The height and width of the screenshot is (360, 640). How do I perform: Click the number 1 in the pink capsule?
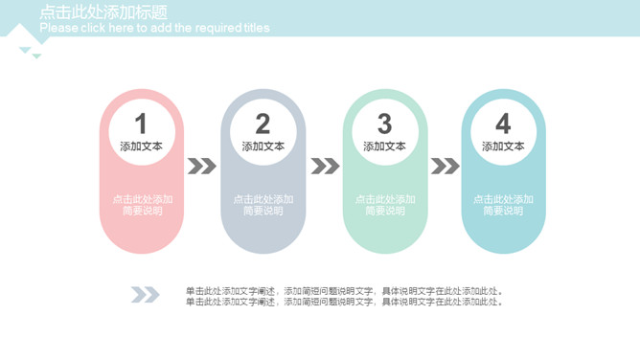[141, 124]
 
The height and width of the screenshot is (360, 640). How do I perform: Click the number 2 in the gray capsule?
[263, 124]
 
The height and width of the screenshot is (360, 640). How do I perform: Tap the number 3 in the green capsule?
[384, 124]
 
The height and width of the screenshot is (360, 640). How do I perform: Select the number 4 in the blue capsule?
[503, 124]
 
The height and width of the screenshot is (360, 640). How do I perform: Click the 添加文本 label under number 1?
[141, 146]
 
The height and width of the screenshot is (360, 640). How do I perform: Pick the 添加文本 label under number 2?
[263, 146]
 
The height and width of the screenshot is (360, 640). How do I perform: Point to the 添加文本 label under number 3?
[384, 146]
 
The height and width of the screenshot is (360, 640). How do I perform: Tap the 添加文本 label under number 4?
[503, 146]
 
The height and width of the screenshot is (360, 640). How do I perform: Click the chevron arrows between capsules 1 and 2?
[202, 167]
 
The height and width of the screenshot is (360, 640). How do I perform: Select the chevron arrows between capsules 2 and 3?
[325, 167]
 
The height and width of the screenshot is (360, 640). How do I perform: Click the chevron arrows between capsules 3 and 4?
[445, 167]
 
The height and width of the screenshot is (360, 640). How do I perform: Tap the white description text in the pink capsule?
[142, 205]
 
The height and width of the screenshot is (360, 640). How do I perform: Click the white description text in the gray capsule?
[263, 205]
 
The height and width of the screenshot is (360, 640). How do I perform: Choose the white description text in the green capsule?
[384, 205]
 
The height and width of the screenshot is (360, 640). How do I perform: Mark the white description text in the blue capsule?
[503, 205]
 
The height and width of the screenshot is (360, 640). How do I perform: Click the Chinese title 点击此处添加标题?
[103, 12]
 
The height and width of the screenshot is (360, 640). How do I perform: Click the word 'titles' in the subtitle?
[257, 28]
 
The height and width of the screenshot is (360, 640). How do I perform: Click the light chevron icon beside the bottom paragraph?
[145, 295]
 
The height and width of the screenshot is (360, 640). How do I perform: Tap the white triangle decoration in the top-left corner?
[20, 37]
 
